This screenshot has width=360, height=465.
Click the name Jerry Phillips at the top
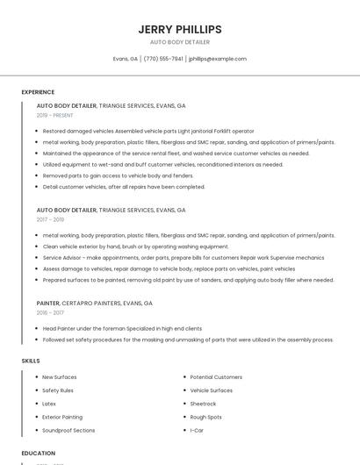point(180,29)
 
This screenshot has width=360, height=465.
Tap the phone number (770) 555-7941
point(163,59)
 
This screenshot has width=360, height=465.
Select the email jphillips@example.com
point(218,59)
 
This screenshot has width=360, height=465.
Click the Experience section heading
point(38,92)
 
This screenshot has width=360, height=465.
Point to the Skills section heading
point(31,361)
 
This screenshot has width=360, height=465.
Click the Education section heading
point(39,453)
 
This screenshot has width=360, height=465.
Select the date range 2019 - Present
point(55,115)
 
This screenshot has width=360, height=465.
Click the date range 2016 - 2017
point(50,312)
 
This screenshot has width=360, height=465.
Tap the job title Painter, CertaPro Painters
point(95,303)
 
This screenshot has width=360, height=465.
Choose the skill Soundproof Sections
point(68,431)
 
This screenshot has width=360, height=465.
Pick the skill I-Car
point(197,431)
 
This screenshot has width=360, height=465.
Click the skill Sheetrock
point(203,404)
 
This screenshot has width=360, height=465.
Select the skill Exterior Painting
point(62,417)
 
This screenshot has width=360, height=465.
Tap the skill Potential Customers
point(216,376)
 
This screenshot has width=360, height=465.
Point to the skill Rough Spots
point(206,417)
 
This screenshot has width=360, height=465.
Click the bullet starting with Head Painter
point(122,328)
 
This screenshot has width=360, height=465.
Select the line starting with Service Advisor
point(183,258)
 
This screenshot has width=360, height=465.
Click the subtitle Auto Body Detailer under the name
point(180,41)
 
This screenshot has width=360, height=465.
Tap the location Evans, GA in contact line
point(126,59)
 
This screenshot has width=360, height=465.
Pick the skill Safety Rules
point(58,390)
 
